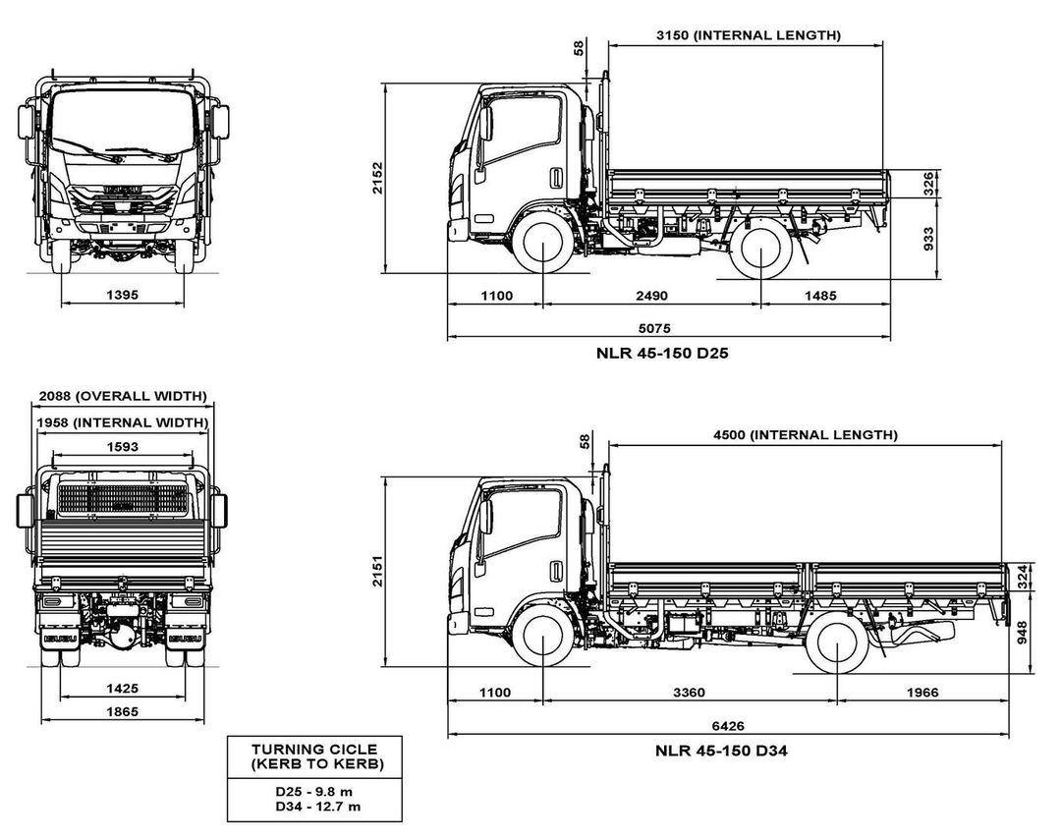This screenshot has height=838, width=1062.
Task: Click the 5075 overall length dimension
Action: [668, 327]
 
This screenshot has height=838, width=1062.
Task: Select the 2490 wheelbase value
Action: [652, 296]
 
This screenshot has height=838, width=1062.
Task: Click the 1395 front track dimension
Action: [123, 295]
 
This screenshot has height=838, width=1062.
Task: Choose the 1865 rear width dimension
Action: [123, 712]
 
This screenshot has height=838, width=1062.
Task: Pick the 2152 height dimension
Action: [378, 179]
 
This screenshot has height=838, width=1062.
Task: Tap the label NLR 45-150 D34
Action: [722, 751]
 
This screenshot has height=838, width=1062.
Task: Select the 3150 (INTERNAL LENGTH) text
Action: [748, 35]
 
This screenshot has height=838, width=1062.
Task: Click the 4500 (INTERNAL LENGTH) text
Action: [805, 434]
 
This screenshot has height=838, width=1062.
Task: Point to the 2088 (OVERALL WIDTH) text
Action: [123, 396]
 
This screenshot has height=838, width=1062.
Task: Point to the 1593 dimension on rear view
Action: [123, 446]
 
